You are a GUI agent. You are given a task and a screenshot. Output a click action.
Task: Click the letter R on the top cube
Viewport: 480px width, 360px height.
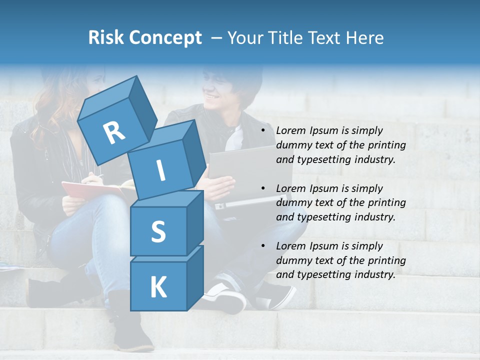tap(114, 133)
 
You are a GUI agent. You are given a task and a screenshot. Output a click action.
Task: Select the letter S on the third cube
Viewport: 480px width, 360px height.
tap(158, 231)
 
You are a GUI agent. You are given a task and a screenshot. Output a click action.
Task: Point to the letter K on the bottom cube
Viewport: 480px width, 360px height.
tap(158, 287)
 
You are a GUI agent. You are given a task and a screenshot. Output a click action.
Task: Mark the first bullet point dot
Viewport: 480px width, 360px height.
tap(263, 131)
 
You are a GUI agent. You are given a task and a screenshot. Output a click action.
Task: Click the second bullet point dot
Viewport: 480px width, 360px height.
tap(263, 188)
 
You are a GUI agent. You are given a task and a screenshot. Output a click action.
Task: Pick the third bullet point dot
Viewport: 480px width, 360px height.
tap(263, 246)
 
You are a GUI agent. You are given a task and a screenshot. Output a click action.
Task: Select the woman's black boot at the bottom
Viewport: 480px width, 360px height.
tap(131, 330)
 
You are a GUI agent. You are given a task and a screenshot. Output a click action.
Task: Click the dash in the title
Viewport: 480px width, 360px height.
tap(217, 38)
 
